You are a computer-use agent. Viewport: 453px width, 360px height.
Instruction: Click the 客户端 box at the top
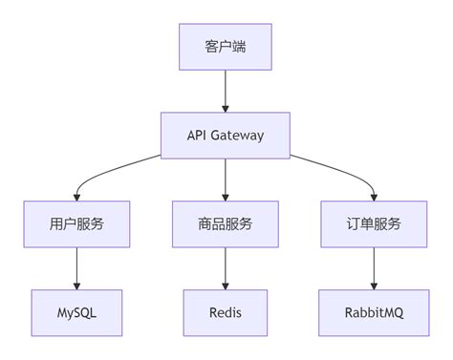point(226,48)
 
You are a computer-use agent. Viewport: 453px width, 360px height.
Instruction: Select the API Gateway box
point(226,136)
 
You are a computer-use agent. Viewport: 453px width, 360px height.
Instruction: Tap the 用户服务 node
point(76,224)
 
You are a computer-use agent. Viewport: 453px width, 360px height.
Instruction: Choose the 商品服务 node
point(226,224)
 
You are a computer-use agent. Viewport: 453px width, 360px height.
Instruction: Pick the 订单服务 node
point(374,224)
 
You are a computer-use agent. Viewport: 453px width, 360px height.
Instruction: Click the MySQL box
point(76,312)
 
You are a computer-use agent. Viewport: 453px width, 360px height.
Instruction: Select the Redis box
point(226,312)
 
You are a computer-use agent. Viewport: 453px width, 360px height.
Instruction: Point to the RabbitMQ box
point(374,312)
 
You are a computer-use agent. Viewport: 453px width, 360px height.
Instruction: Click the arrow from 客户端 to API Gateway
point(226,91)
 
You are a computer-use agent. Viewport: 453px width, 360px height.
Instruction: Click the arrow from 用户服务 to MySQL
point(76,267)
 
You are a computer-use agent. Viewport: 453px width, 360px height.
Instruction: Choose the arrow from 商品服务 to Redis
point(226,267)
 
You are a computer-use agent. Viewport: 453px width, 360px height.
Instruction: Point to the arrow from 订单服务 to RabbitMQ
point(374,267)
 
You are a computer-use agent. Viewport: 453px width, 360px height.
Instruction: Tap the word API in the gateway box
point(199,136)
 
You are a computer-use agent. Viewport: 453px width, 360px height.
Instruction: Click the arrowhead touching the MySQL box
point(76,285)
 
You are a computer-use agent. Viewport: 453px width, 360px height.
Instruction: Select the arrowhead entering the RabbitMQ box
point(374,285)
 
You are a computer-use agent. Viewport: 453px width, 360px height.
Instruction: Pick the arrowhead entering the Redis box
point(226,285)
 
